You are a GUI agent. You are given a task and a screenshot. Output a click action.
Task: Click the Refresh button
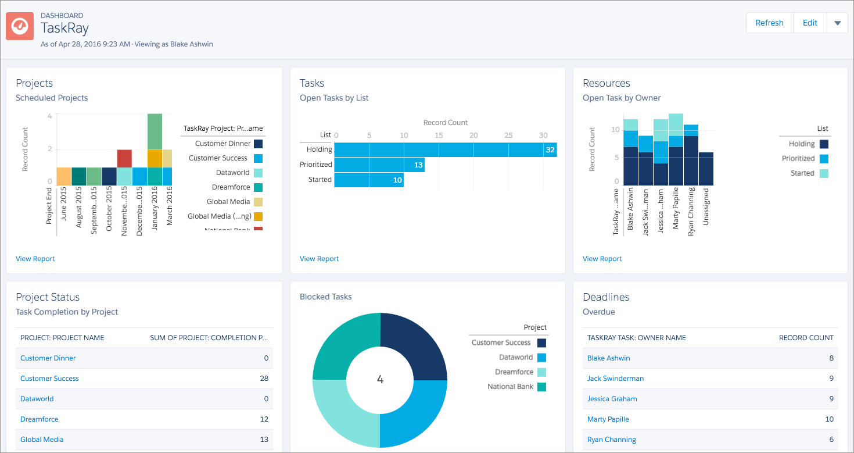point(769,23)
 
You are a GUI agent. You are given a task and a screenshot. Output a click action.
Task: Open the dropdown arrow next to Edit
point(837,23)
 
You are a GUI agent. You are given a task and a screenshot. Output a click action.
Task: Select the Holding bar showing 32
point(445,150)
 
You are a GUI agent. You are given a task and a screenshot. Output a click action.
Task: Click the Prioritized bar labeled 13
point(379,165)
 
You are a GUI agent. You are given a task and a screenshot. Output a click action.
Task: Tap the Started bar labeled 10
point(368,180)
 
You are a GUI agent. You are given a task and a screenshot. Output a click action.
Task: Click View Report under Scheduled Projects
point(35,259)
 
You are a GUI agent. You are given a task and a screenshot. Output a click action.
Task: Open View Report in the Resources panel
point(602,259)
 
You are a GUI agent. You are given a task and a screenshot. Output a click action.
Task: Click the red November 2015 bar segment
point(124,158)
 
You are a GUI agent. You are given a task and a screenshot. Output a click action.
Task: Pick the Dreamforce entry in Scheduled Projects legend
point(231,187)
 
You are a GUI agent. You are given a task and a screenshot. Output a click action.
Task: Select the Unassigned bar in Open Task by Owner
point(706,169)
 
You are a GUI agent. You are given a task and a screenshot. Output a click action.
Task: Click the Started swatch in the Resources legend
point(824,173)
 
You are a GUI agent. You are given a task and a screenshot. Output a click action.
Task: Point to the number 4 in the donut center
point(380,380)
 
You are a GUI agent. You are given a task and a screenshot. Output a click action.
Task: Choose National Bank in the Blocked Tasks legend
point(511,387)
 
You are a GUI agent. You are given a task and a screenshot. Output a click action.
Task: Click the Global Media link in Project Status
point(42,440)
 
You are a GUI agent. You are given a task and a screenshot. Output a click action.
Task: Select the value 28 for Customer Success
point(264,379)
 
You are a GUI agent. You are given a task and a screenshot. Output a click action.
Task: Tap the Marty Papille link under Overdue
point(608,419)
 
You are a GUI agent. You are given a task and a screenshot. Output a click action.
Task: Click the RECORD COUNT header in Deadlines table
point(806,338)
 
